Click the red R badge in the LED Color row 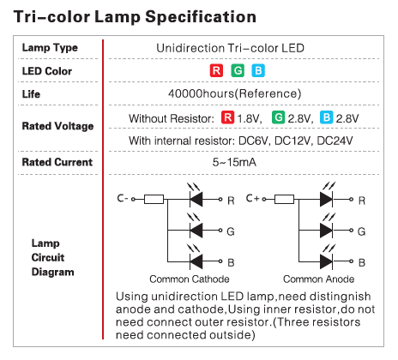point(216,70)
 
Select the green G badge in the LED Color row point(238,70)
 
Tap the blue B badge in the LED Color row point(258,70)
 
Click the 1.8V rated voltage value point(250,118)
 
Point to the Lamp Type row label point(50,48)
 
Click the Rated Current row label point(57,162)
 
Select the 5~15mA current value point(234,162)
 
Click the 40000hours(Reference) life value point(235,93)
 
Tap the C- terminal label point(123,198)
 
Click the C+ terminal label point(253,198)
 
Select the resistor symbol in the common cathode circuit point(154,199)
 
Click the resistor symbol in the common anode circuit point(284,199)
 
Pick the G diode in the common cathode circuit point(196,231)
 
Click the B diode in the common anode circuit point(326,261)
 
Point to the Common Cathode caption point(190,279)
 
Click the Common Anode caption point(319,279)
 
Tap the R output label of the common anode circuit point(362,201)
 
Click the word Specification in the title point(201,17)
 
